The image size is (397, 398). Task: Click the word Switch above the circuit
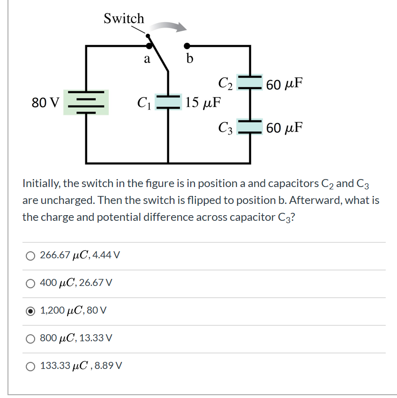tap(124, 18)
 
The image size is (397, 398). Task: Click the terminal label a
tap(147, 59)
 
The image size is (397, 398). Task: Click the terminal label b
tap(189, 59)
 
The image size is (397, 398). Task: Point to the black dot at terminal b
tap(187, 46)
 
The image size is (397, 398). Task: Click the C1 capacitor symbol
tap(168, 102)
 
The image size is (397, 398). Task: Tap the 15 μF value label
tap(203, 102)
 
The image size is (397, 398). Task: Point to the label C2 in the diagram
tap(225, 83)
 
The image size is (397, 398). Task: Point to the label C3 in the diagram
tap(225, 128)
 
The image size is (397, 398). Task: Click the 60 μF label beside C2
tap(284, 84)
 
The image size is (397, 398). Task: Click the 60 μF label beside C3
tap(284, 127)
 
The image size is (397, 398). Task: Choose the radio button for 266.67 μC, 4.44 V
tap(30, 255)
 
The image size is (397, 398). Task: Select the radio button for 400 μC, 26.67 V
tap(30, 283)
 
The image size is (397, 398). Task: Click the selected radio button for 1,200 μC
tap(30, 310)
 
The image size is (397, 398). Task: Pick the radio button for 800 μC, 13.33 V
tap(30, 338)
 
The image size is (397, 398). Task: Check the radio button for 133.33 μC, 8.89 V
tap(30, 366)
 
